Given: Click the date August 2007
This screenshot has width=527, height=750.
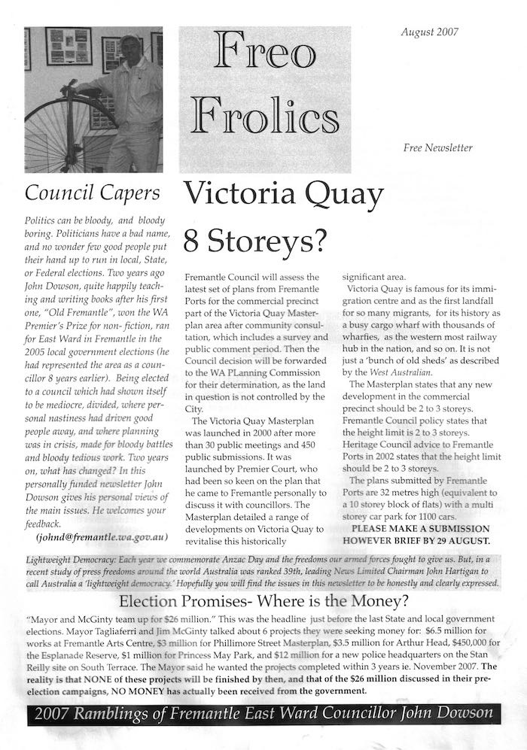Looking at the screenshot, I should [429, 32].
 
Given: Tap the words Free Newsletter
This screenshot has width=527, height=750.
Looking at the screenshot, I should [437, 147].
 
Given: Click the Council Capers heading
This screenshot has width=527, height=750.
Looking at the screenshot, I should [92, 193].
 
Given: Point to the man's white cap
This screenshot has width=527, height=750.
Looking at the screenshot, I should [129, 39].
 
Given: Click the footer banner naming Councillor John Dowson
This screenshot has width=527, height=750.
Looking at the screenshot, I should [263, 714].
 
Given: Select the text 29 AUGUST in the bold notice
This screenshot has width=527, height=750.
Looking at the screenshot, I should [465, 541].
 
